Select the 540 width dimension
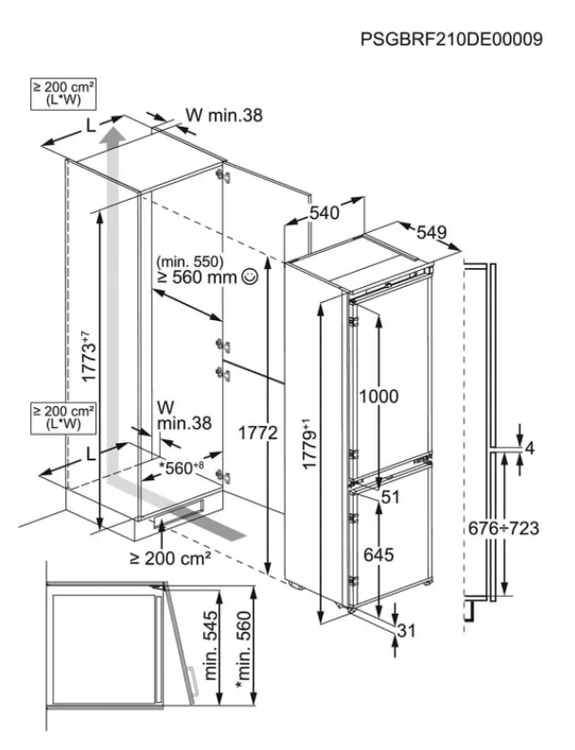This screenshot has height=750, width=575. coord(324,214)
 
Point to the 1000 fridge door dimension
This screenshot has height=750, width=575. coord(378,396)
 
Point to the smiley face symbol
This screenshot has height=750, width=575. coord(250,277)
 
